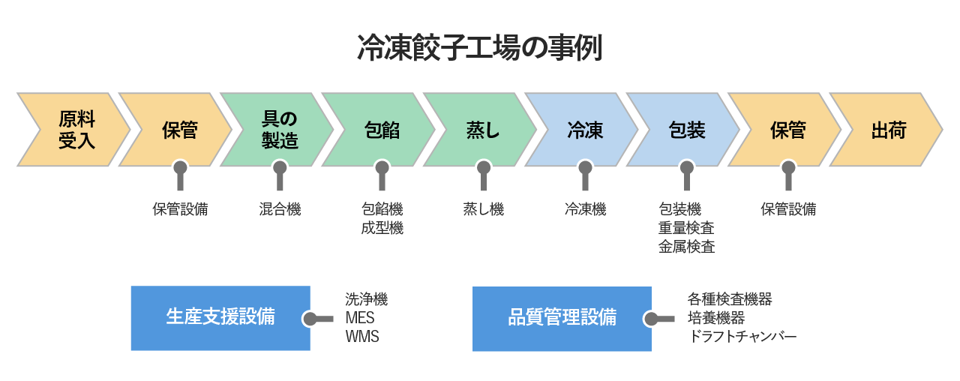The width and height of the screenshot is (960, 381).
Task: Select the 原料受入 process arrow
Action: coord(75,130)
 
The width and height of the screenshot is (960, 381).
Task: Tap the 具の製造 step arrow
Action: coord(278,130)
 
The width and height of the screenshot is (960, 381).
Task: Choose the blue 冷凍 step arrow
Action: coord(584,130)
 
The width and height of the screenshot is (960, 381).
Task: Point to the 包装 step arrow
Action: coord(685,130)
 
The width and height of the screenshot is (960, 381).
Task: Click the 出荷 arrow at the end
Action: coord(888,130)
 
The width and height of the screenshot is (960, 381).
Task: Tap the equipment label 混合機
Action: coord(280,210)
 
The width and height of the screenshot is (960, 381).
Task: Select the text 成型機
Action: coord(382,229)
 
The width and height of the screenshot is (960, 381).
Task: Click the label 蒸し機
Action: coord(484,210)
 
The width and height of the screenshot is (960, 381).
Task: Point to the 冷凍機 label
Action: coord(585,210)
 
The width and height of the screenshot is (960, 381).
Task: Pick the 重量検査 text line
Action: coord(686,229)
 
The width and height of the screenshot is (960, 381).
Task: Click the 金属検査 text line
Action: coord(686,247)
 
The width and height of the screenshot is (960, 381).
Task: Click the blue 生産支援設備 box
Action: coord(220,318)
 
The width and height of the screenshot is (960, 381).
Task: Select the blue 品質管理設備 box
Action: coord(562,318)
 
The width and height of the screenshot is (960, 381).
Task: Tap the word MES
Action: coord(360,318)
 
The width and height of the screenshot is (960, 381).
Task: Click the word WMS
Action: coord(362,337)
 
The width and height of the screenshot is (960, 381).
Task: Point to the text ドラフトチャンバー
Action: coord(742,337)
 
